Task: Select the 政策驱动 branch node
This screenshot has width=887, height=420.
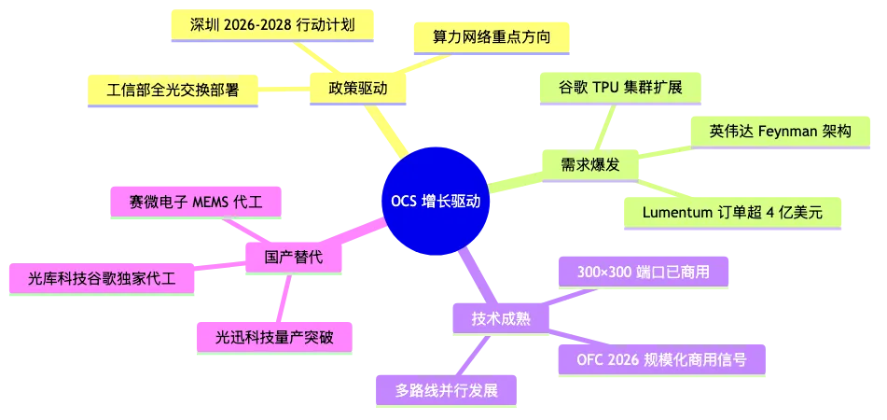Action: (x=358, y=89)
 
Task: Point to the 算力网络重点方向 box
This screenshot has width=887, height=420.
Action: (x=491, y=37)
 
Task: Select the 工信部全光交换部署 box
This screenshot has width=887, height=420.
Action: (x=173, y=90)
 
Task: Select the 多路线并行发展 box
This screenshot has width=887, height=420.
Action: (x=445, y=390)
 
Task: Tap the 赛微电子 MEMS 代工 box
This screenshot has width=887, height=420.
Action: (x=196, y=199)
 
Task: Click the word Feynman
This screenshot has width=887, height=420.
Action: (x=776, y=132)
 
